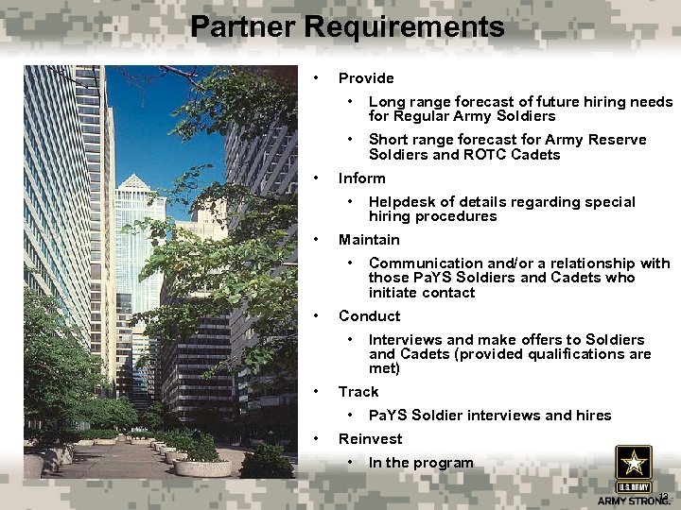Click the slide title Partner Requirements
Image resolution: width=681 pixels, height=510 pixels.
(x=347, y=26)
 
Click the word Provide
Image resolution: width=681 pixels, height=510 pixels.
(x=366, y=78)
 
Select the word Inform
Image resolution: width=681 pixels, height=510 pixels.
(x=362, y=178)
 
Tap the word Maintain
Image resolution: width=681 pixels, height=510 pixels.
(x=369, y=240)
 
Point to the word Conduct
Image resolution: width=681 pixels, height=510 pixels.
(x=369, y=316)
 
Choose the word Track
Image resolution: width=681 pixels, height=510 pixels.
(x=358, y=392)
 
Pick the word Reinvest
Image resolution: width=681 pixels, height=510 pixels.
(x=370, y=439)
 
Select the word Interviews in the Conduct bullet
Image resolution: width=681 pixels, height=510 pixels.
(x=406, y=340)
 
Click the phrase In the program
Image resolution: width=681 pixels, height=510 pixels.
(x=421, y=463)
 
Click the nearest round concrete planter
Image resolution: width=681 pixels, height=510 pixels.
(x=203, y=467)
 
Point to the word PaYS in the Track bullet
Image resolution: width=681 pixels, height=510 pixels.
(x=388, y=416)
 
